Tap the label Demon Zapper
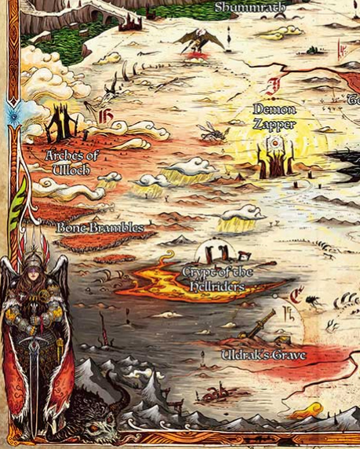click(x=275, y=116)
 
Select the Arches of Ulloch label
click(x=72, y=162)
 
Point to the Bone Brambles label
click(x=100, y=228)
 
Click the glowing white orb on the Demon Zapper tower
click(x=274, y=144)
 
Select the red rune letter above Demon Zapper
click(x=274, y=86)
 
